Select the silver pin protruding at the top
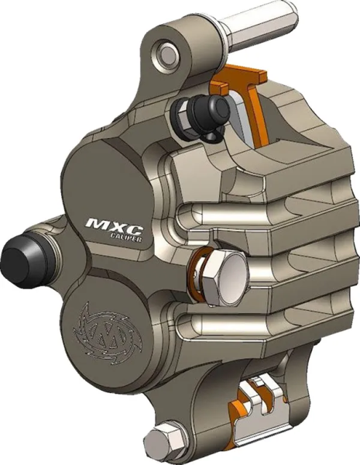[255, 27]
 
